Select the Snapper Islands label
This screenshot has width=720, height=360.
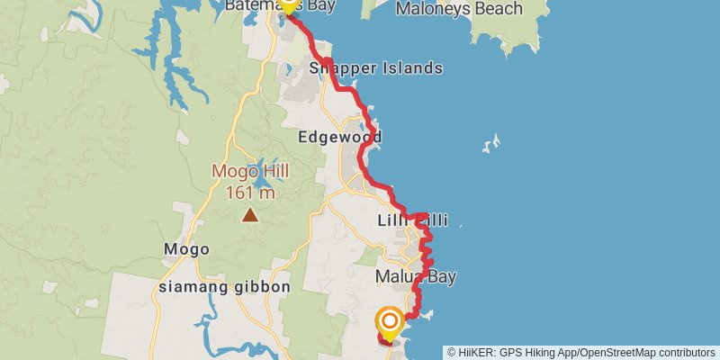click(x=375, y=68)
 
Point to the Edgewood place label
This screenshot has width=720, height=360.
click(x=340, y=137)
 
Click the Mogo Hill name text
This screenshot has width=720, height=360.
click(x=244, y=171)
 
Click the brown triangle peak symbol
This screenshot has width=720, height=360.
click(x=248, y=214)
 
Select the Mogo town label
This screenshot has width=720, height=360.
click(x=186, y=249)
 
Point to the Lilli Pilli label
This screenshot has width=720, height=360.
click(x=410, y=220)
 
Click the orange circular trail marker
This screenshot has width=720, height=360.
click(x=390, y=320)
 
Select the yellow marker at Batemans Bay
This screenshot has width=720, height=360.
click(x=289, y=4)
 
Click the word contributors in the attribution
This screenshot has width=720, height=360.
click(x=684, y=353)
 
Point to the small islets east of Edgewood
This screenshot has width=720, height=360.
click(x=491, y=143)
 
